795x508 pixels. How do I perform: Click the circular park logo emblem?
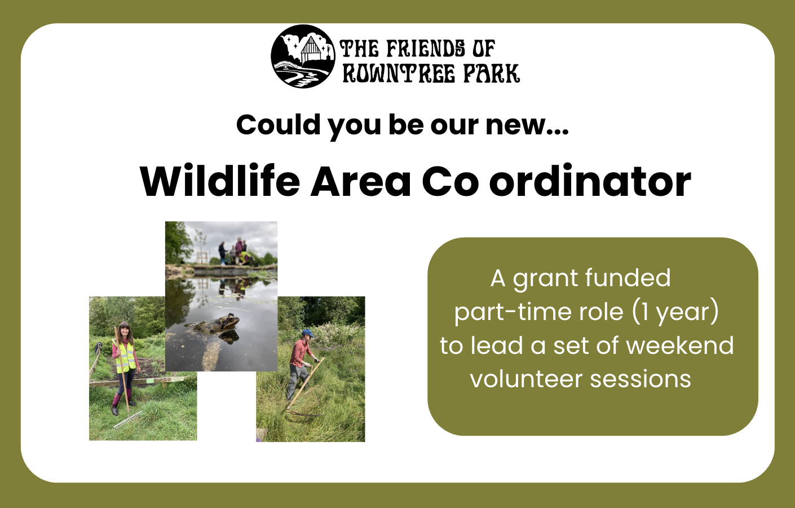coord(303,56)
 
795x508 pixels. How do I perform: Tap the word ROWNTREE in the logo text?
coord(399,73)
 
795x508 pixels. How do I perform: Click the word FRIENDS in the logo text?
coord(426,49)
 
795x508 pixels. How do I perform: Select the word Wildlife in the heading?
coord(220,181)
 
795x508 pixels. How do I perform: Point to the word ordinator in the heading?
coord(590,181)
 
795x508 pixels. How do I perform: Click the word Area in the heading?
coord(361,181)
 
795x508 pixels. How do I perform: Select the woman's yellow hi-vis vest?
coord(125,355)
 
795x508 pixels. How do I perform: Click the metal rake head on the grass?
coord(128,420)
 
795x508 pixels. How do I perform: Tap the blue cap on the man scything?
coord(308,333)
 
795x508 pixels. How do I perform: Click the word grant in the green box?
coord(546,278)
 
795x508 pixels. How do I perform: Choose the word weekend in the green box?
coord(679,345)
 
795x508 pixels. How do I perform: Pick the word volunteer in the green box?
coord(526,379)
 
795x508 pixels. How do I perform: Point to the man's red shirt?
coord(299,353)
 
